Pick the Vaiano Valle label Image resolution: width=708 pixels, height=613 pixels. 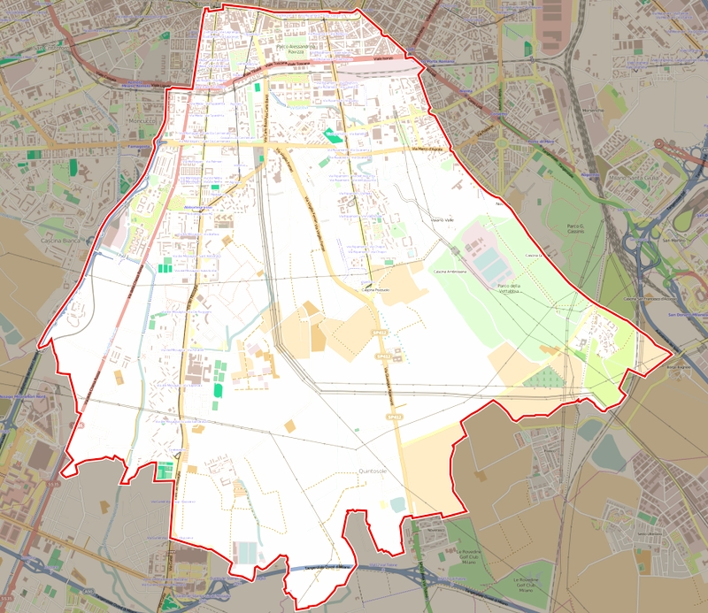(442, 218)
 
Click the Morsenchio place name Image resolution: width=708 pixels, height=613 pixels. (592, 111)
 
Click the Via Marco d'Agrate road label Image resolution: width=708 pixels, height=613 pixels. (427, 149)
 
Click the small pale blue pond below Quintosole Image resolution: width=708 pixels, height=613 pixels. (397, 503)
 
